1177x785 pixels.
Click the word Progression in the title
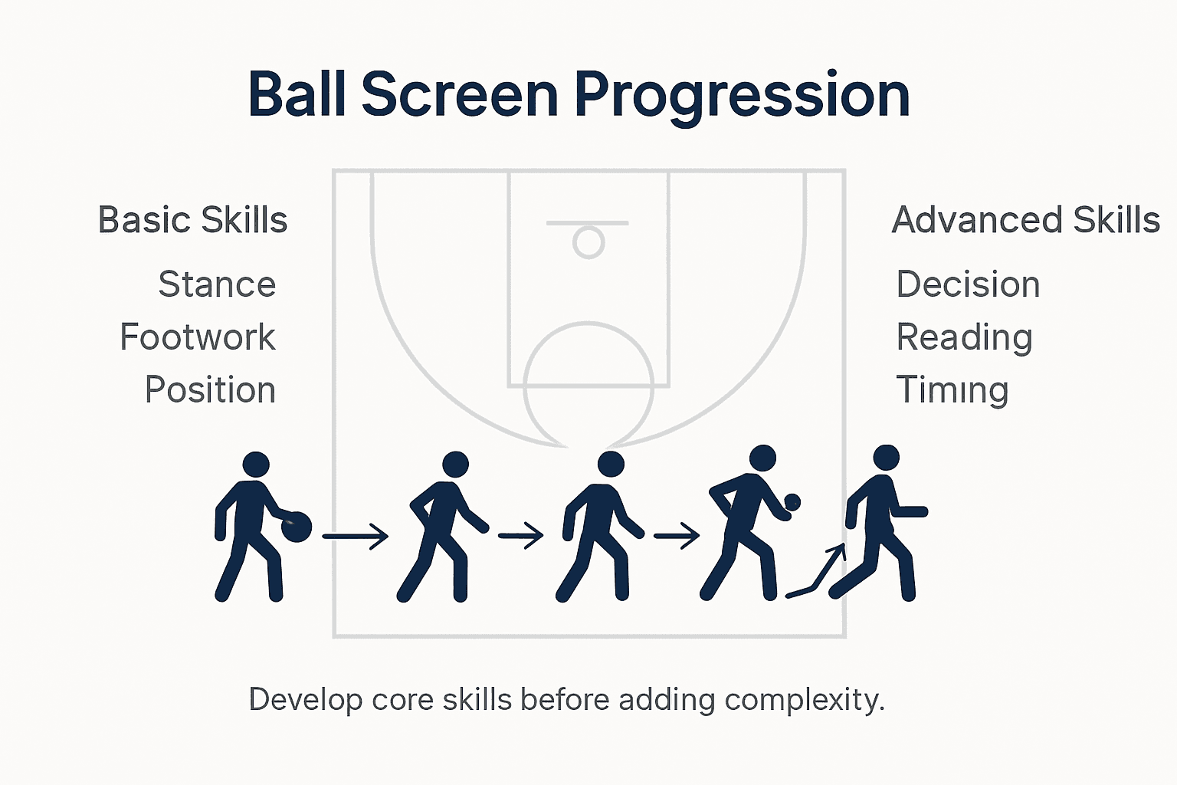point(742,95)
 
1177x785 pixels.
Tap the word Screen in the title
point(460,95)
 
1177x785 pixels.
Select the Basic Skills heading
point(192,220)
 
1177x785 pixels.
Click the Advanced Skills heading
point(1025,220)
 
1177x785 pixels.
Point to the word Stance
point(217,284)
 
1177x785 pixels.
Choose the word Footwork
point(198,337)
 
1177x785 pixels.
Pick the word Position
point(210,390)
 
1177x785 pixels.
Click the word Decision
point(968,284)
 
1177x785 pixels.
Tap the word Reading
point(964,337)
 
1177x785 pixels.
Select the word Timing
point(952,390)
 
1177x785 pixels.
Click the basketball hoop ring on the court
point(588,242)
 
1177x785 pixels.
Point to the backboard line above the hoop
point(588,223)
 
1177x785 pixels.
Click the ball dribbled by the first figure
point(297,527)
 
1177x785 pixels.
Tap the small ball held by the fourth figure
point(792,502)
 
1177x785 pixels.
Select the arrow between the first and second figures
point(356,536)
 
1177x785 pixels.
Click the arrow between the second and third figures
point(521,535)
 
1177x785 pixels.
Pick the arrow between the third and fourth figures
point(677,535)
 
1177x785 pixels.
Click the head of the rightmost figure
point(887,458)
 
